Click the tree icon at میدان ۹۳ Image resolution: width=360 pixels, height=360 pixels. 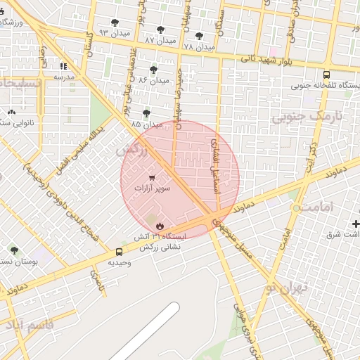[115, 23]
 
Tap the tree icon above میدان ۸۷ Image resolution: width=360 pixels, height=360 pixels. [161, 30]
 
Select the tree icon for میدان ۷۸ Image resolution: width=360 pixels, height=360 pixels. [199, 36]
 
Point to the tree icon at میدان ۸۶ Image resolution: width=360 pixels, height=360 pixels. [153, 69]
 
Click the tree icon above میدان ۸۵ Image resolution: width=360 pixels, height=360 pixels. [146, 112]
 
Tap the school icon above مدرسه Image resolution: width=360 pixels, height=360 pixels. [64, 66]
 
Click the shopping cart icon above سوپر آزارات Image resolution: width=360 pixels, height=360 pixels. [152, 178]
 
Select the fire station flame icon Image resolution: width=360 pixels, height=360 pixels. [160, 226]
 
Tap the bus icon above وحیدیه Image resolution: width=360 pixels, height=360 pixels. [118, 251]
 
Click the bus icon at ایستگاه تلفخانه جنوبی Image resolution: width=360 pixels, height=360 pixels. [326, 75]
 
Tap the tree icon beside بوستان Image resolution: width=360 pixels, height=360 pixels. [14, 250]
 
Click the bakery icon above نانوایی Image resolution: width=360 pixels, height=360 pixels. [11, 112]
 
